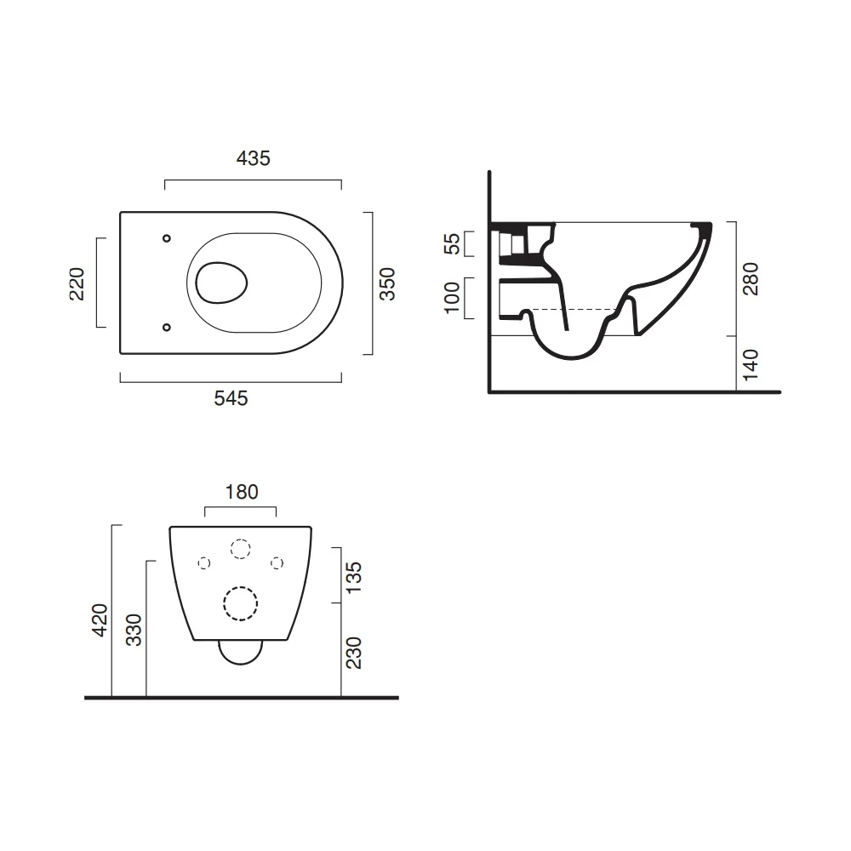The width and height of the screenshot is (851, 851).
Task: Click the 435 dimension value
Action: pyautogui.click(x=254, y=158)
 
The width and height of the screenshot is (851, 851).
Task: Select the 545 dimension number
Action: pyautogui.click(x=231, y=398)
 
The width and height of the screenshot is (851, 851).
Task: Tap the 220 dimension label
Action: pyautogui.click(x=77, y=284)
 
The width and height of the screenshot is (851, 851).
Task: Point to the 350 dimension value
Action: pyautogui.click(x=387, y=284)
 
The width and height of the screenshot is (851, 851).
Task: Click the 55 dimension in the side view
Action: pyautogui.click(x=452, y=243)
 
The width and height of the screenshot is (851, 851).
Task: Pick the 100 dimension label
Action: pyautogui.click(x=452, y=298)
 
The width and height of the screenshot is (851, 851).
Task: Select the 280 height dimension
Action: pyautogui.click(x=751, y=279)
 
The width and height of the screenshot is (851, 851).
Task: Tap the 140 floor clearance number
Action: pyautogui.click(x=751, y=365)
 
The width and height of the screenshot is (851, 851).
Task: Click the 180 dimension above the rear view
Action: pyautogui.click(x=242, y=492)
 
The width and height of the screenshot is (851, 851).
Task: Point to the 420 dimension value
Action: pyautogui.click(x=100, y=620)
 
